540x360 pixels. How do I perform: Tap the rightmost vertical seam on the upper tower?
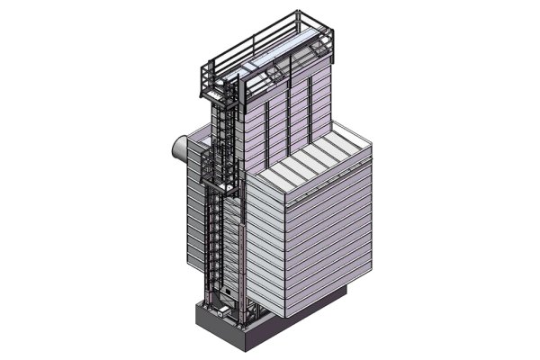pos(310,103)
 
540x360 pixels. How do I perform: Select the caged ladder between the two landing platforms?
pos(220,121)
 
